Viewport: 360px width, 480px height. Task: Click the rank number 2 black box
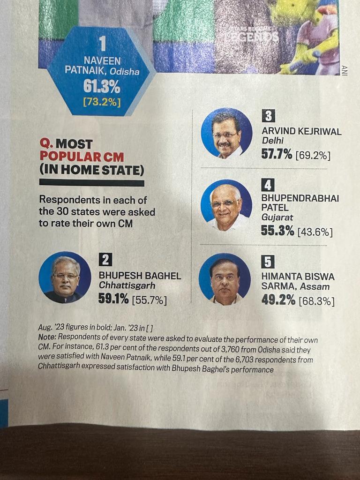[x=105, y=259]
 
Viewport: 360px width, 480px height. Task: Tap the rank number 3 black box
[x=268, y=115]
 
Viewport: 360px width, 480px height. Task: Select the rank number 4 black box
[x=268, y=185]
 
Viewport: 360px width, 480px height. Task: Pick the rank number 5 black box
[x=268, y=262]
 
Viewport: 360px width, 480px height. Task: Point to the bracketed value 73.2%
[x=102, y=101]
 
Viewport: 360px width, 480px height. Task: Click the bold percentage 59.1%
[x=113, y=299]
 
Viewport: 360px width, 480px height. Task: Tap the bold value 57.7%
[x=277, y=154]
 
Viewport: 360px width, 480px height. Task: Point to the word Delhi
[x=273, y=141]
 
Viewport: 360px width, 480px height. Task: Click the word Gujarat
[x=277, y=217]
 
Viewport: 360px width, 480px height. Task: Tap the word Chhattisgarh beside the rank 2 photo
[x=127, y=285]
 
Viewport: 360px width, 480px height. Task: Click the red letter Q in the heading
[x=45, y=144]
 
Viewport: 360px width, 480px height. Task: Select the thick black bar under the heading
[x=91, y=182]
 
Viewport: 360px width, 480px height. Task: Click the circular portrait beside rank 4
[x=226, y=205]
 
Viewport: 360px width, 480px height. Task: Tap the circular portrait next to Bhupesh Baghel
[x=65, y=277]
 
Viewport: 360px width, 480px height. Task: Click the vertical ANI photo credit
[x=345, y=70]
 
